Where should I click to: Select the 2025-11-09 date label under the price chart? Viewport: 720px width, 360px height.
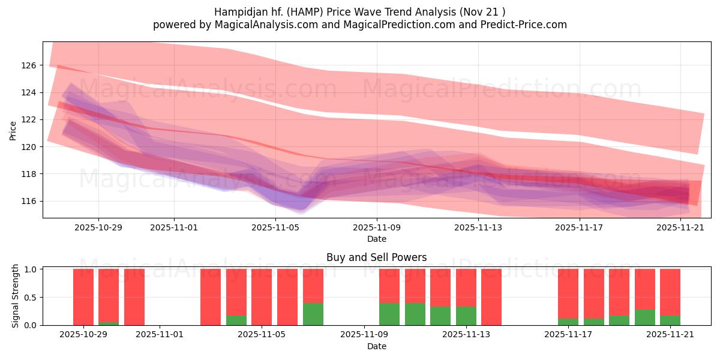(x=377, y=227)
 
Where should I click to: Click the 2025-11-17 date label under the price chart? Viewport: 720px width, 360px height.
(x=580, y=227)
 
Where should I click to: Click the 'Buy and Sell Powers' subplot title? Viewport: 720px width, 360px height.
(x=376, y=257)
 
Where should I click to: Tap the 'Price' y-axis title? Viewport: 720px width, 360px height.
(x=13, y=130)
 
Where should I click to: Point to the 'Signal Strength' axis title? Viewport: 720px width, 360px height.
(x=16, y=296)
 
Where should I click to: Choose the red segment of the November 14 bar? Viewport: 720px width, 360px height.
(x=491, y=296)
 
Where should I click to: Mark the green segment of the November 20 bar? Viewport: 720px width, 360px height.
(x=644, y=317)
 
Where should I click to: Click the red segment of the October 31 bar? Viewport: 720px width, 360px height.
(x=134, y=296)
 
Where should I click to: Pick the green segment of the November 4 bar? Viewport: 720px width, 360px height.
(x=236, y=320)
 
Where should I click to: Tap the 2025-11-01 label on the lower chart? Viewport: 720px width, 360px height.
(x=160, y=335)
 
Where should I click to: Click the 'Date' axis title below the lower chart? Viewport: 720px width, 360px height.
(x=376, y=346)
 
